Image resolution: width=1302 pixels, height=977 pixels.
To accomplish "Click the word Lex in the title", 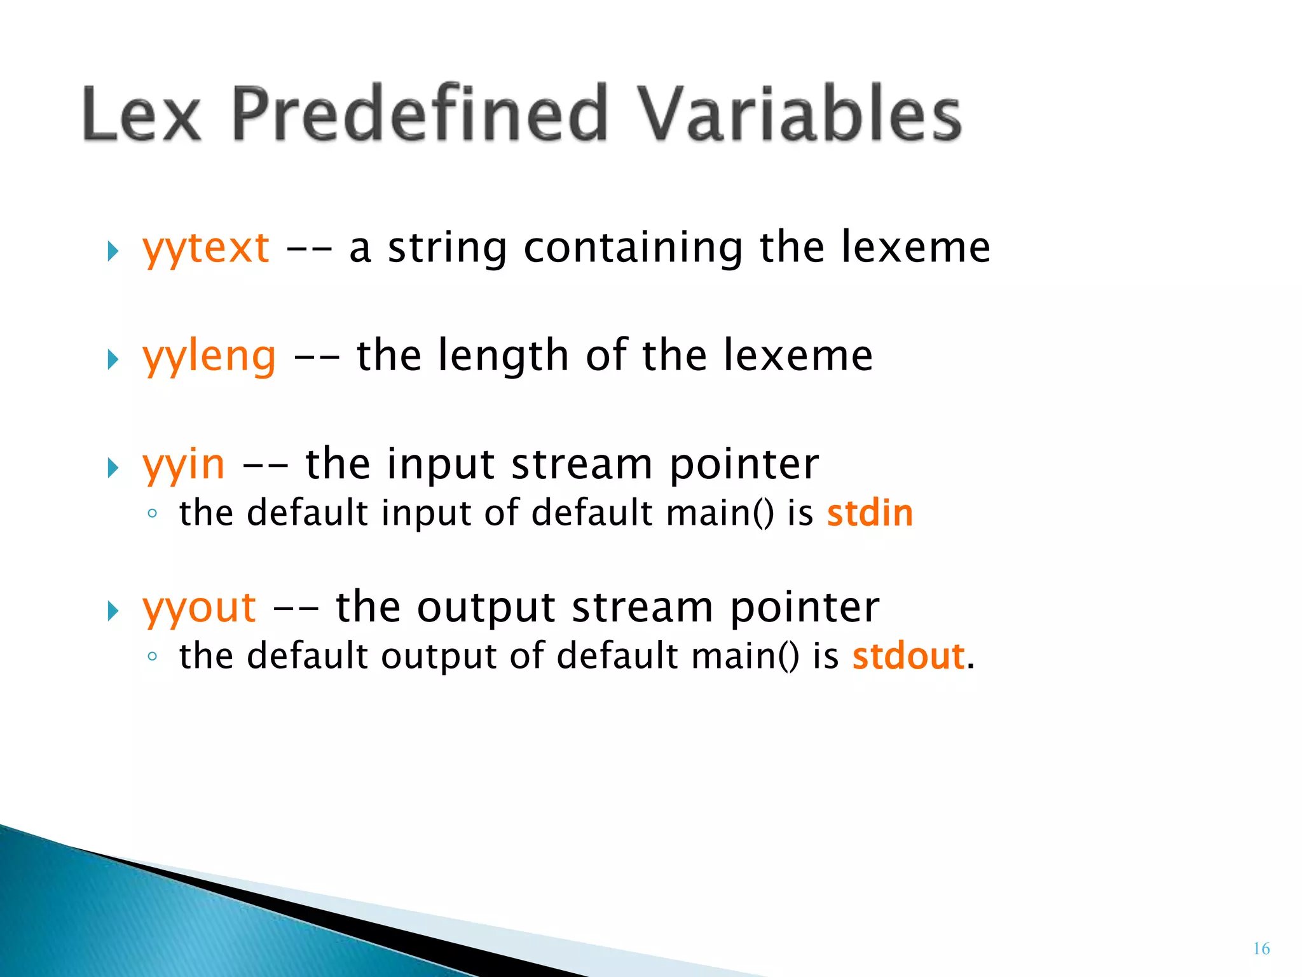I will [141, 114].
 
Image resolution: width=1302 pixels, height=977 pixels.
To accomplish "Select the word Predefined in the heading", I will [420, 114].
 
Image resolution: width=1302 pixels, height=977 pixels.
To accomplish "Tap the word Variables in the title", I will [799, 114].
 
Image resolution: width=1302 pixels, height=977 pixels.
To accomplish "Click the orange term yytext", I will [205, 248].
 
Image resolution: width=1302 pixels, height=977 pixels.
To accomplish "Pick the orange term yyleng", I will [209, 356].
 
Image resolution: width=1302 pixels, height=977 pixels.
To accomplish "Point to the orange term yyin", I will [183, 465].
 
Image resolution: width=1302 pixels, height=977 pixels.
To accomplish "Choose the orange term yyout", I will [199, 608].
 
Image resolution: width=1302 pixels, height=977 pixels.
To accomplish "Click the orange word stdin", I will [869, 513].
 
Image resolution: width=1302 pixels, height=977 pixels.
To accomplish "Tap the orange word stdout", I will [908, 656].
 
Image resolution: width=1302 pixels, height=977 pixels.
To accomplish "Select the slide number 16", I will [1261, 949].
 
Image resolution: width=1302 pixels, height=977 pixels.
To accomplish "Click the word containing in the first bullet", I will [633, 248].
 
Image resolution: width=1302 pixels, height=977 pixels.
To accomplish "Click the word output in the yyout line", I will [486, 608].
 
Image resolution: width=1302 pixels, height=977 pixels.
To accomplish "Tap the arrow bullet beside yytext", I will [113, 251].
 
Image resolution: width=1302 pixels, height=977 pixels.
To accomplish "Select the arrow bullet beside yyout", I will [113, 611].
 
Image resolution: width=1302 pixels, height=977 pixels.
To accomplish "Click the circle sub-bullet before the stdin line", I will [151, 514].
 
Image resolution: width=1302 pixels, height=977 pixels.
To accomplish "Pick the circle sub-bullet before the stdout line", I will [151, 657].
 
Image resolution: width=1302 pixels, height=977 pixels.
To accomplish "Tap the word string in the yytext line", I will [447, 248].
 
